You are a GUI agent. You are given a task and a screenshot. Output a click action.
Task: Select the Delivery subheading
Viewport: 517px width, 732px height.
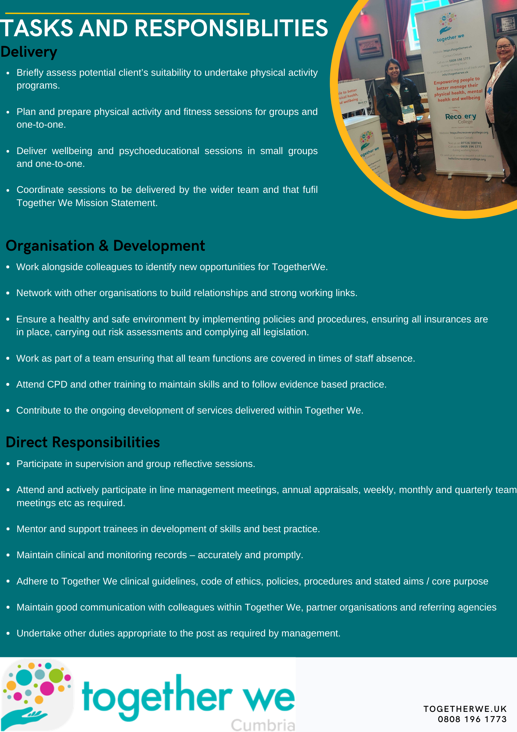(x=29, y=52)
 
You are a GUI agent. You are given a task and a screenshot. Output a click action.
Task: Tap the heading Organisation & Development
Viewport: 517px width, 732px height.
(x=105, y=246)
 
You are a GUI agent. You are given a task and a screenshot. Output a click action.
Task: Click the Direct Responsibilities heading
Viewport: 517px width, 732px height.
(x=83, y=442)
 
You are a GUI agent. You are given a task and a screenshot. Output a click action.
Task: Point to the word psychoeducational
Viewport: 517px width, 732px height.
(x=159, y=151)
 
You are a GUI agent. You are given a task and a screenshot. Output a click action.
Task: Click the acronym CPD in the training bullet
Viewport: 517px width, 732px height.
(x=57, y=384)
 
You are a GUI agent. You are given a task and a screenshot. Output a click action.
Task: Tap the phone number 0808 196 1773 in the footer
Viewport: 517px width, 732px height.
(x=472, y=719)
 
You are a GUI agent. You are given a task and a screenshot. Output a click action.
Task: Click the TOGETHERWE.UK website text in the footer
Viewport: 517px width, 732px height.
(x=465, y=709)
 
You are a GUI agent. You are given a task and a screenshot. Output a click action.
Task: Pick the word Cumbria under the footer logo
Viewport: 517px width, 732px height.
(x=263, y=725)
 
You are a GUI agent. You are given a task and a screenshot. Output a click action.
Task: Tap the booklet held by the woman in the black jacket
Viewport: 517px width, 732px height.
(x=408, y=113)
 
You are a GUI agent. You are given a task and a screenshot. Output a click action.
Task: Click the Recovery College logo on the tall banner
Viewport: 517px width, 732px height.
(x=460, y=117)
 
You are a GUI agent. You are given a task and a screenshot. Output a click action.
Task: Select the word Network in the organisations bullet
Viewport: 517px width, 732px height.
(x=34, y=293)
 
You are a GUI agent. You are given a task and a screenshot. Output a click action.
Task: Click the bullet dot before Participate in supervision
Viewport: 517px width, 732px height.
(x=8, y=464)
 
